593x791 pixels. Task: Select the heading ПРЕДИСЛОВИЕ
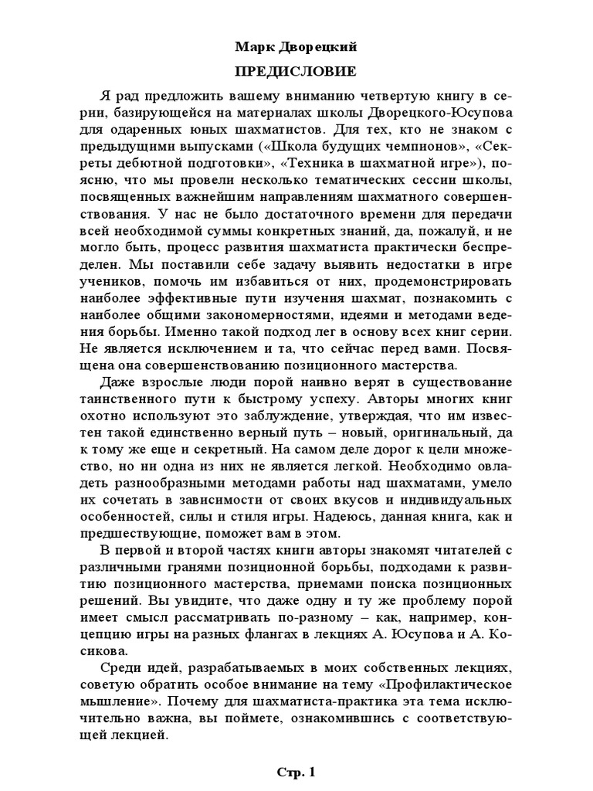296,72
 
